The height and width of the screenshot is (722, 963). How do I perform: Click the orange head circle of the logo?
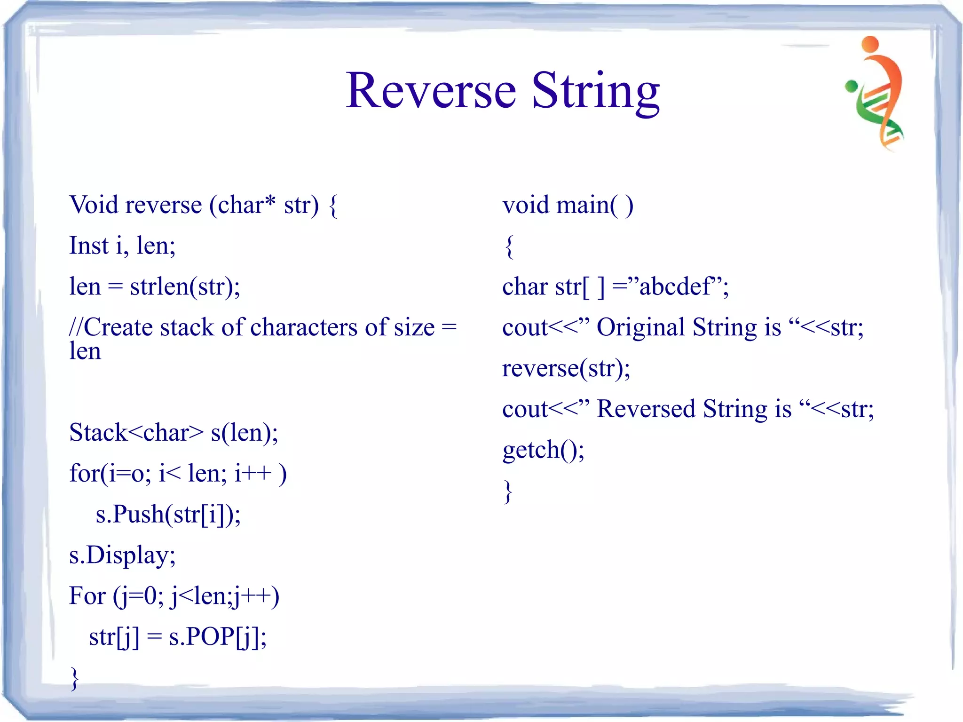pos(870,43)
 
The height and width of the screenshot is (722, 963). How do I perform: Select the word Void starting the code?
pos(94,205)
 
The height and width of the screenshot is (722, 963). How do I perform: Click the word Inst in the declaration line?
pos(89,246)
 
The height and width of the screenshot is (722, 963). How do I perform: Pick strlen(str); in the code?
pos(185,286)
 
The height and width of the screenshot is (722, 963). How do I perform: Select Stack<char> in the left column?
pos(136,433)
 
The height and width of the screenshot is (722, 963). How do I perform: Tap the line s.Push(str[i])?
pos(168,514)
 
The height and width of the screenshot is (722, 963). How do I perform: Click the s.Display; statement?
pos(122,555)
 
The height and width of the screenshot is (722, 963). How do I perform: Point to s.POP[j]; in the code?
pos(218,637)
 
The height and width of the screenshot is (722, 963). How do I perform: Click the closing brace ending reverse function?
pos(74,678)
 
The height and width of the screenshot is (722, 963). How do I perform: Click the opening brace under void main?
pos(509,246)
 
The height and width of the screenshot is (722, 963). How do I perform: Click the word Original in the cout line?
pos(640,327)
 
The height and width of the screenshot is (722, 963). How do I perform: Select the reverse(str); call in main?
pos(566,368)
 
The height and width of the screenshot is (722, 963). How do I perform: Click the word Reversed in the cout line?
pos(646,409)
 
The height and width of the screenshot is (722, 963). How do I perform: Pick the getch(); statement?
pos(543,450)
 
